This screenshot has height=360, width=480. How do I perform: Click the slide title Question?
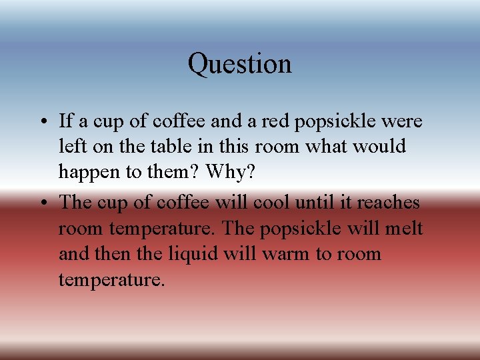239,65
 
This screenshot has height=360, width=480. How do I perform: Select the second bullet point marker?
42,203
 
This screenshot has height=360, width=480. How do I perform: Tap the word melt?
403,228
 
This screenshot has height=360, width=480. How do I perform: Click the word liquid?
193,253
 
